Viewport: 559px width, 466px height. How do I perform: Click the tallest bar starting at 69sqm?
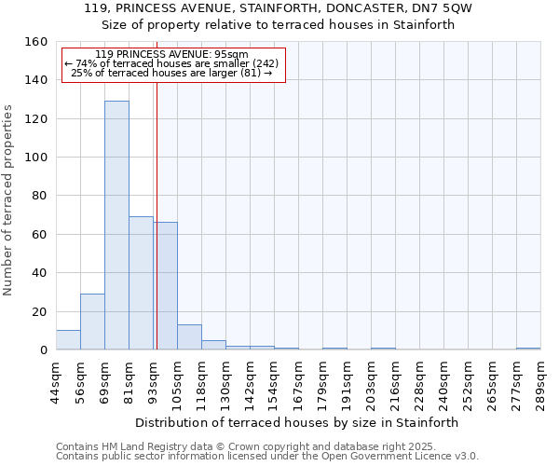[116, 226]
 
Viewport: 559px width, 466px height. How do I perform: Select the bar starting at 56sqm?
[92, 322]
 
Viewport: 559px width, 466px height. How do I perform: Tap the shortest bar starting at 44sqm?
[68, 340]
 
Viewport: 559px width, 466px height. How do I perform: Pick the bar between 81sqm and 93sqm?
[141, 283]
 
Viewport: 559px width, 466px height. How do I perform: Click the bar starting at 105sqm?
[189, 337]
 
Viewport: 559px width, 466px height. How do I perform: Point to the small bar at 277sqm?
[528, 349]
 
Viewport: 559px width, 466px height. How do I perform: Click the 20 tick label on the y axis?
[39, 311]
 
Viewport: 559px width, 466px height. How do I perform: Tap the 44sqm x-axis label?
[56, 382]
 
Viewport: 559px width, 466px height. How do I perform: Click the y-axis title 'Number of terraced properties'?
[8, 200]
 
